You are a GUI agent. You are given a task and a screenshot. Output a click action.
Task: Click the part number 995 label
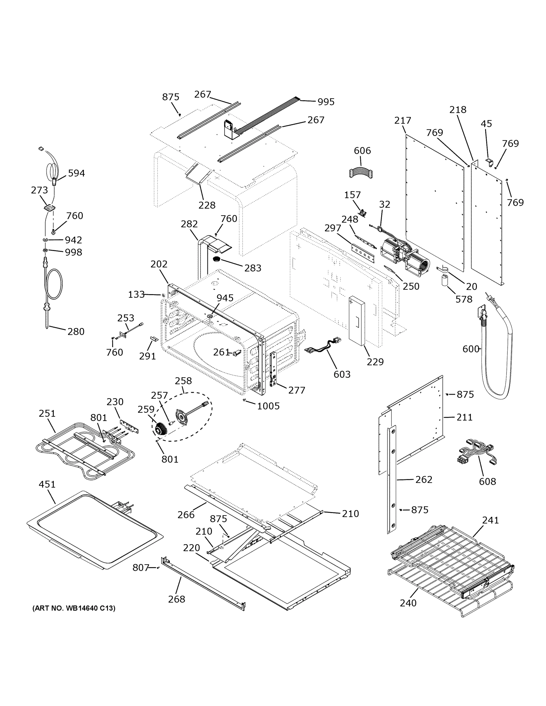[326, 102]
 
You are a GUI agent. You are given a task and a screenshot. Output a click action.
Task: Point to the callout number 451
[47, 484]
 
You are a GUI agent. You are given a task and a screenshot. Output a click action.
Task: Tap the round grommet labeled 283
[217, 259]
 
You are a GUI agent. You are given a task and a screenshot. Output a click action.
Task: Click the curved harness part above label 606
[361, 173]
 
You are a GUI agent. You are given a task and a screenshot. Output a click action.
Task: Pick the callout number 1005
[268, 406]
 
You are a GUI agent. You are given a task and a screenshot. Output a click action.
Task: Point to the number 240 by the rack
[408, 603]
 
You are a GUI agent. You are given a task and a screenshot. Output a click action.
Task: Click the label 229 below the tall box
[375, 362]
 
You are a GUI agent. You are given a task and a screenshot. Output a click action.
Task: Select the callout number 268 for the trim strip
[177, 599]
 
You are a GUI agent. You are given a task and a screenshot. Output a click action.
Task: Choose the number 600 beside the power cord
[471, 349]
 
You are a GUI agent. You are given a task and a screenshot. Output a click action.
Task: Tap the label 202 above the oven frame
[159, 264]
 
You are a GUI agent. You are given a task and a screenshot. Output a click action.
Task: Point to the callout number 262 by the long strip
[424, 479]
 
